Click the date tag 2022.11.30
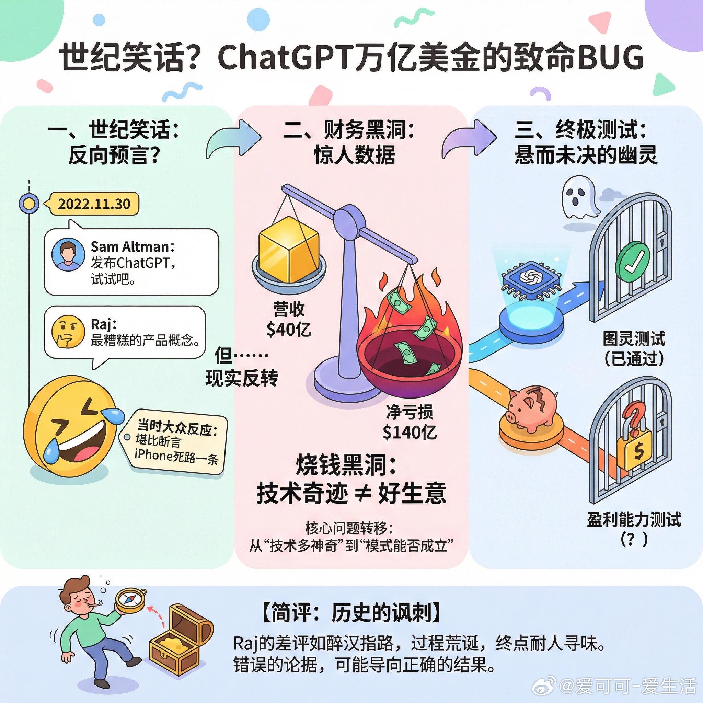(x=94, y=204)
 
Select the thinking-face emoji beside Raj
(x=66, y=331)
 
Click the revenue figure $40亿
(x=289, y=330)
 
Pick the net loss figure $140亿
(x=410, y=432)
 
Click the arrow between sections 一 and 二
(x=233, y=140)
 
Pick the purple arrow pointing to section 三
(x=469, y=140)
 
